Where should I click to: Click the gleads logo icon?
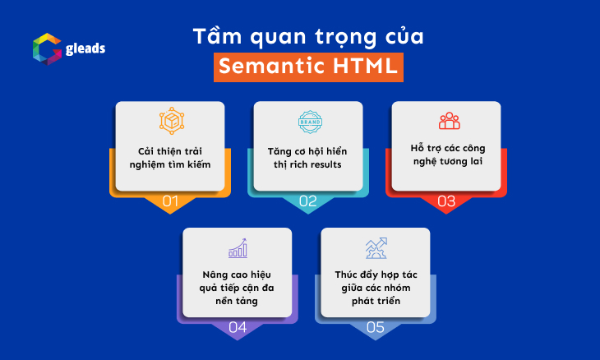pyautogui.click(x=46, y=48)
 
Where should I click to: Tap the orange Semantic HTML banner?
pyautogui.click(x=309, y=67)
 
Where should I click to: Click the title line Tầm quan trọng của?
pyautogui.click(x=309, y=37)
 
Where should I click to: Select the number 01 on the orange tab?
pyautogui.click(x=170, y=201)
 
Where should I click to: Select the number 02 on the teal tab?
pyautogui.click(x=308, y=201)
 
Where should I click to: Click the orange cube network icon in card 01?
pyautogui.click(x=170, y=122)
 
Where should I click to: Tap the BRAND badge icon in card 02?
pyautogui.click(x=308, y=122)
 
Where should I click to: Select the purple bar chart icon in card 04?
pyautogui.click(x=238, y=248)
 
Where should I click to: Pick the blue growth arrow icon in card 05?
pyautogui.click(x=376, y=248)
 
